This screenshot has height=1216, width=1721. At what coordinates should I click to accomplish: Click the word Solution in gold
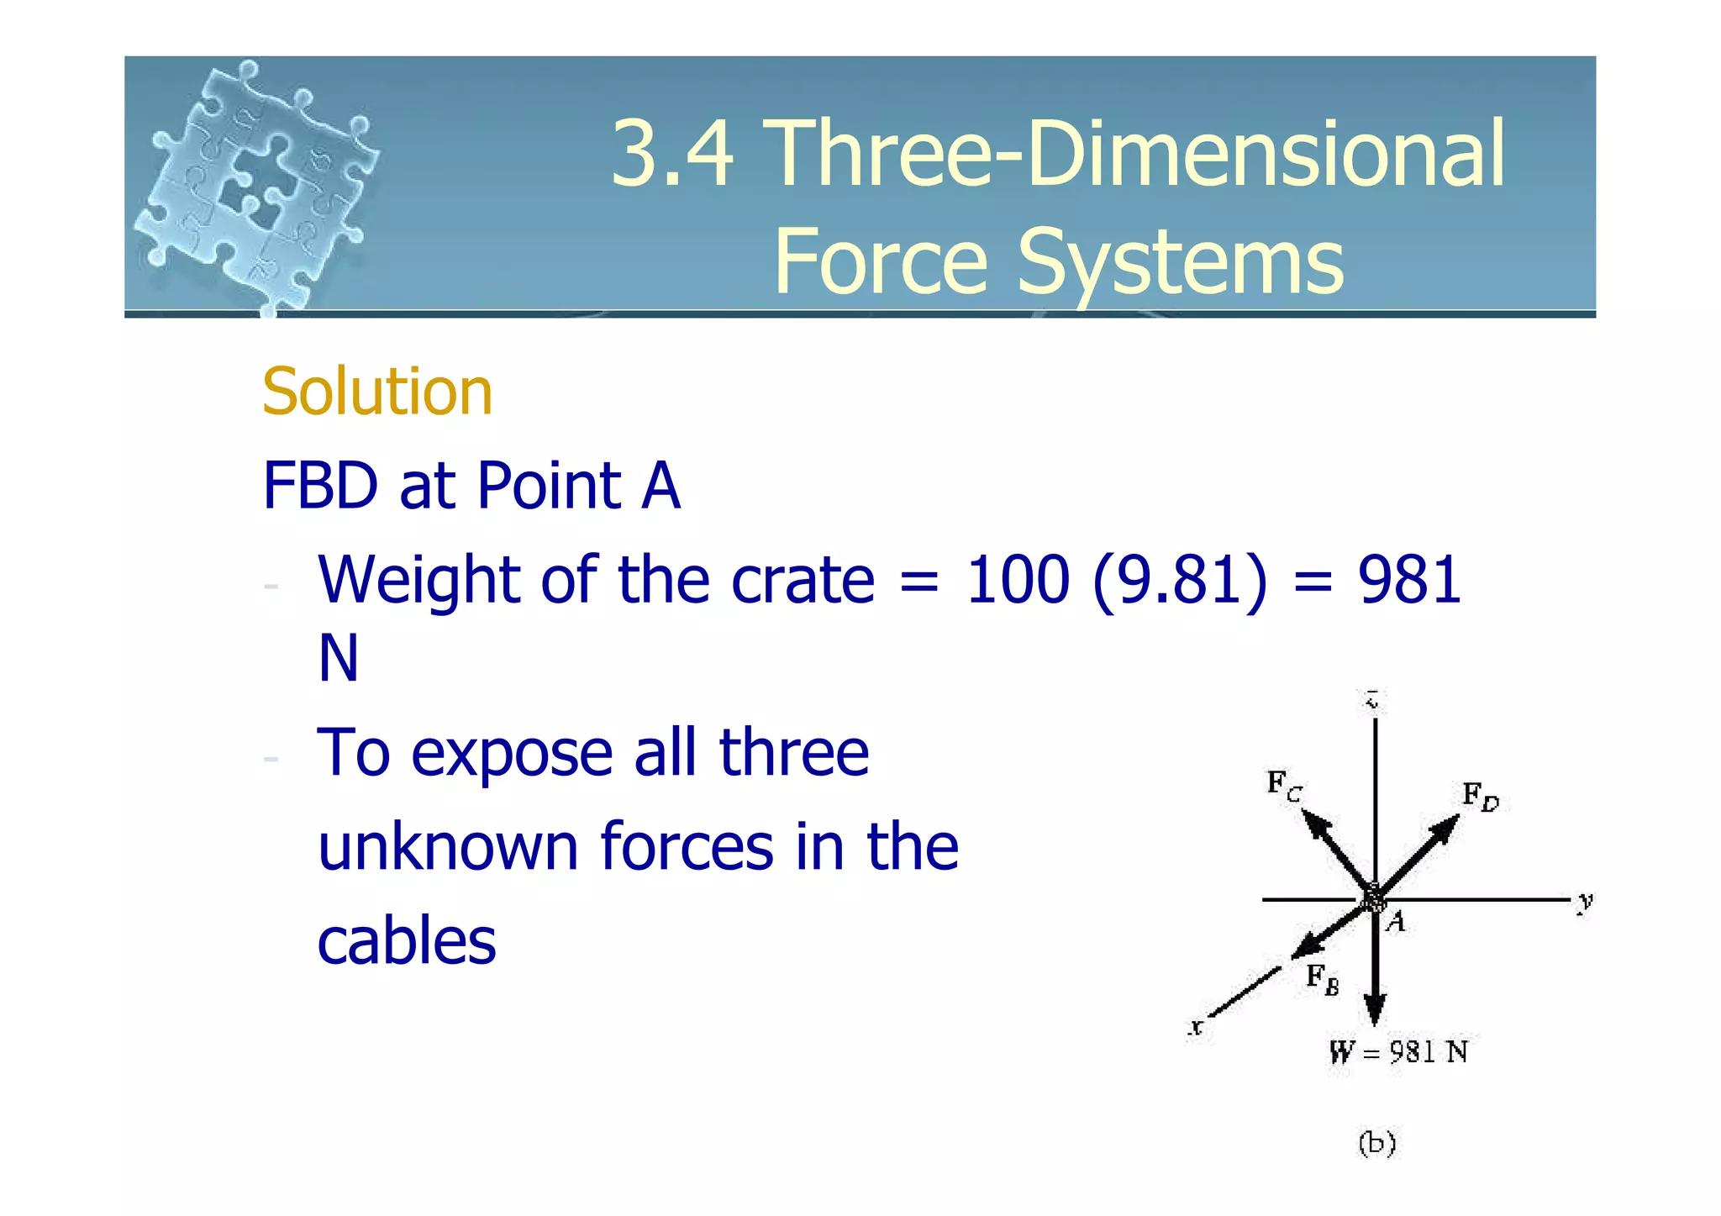tap(376, 392)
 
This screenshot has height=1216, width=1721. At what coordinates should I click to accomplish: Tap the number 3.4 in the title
tap(671, 154)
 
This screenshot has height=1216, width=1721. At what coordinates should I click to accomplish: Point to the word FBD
tap(320, 486)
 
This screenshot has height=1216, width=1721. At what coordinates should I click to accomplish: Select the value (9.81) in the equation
tap(1180, 580)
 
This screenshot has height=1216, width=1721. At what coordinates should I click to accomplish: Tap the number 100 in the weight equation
tap(1018, 580)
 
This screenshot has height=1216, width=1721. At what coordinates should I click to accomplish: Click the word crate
tap(803, 580)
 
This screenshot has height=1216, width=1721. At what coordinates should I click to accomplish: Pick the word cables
tap(407, 941)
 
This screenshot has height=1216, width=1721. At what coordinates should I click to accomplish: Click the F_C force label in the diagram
tap(1284, 786)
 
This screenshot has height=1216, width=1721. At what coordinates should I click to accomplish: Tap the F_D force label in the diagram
tap(1480, 796)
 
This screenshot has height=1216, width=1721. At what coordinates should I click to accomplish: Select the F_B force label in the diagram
tap(1322, 979)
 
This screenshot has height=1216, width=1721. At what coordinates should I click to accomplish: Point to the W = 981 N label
tap(1398, 1052)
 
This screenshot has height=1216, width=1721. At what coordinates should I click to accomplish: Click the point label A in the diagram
tap(1396, 923)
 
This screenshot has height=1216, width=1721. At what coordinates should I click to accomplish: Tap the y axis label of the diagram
tap(1585, 903)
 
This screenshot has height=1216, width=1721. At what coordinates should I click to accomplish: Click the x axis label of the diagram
tap(1196, 1027)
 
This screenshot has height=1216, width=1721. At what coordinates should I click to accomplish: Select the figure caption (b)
tap(1376, 1143)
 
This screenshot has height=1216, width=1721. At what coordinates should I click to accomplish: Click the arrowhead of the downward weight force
tap(1375, 1008)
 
